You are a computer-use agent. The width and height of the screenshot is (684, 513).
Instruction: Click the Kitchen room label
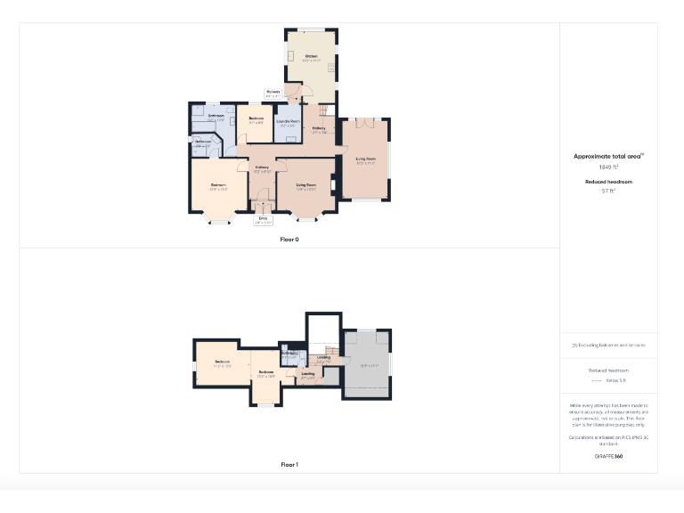click(311, 56)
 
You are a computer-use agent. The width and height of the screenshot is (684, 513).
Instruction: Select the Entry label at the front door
click(263, 218)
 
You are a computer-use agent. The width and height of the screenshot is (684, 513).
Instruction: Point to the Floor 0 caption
click(289, 239)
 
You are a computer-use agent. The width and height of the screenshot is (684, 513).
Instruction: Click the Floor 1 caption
click(289, 464)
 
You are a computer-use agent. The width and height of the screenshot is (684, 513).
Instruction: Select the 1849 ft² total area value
click(608, 167)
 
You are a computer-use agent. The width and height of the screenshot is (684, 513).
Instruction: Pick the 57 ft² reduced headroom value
click(608, 190)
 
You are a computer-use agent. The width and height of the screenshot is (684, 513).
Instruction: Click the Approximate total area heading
click(607, 156)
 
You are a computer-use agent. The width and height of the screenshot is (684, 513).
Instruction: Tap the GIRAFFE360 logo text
click(608, 456)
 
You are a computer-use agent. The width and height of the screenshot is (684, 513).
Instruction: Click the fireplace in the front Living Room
click(333, 186)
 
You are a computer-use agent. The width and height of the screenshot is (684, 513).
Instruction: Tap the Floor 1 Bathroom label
click(289, 353)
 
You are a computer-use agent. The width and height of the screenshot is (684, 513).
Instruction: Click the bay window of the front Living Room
click(307, 217)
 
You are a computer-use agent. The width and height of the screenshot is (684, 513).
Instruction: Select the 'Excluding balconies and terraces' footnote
click(608, 345)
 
